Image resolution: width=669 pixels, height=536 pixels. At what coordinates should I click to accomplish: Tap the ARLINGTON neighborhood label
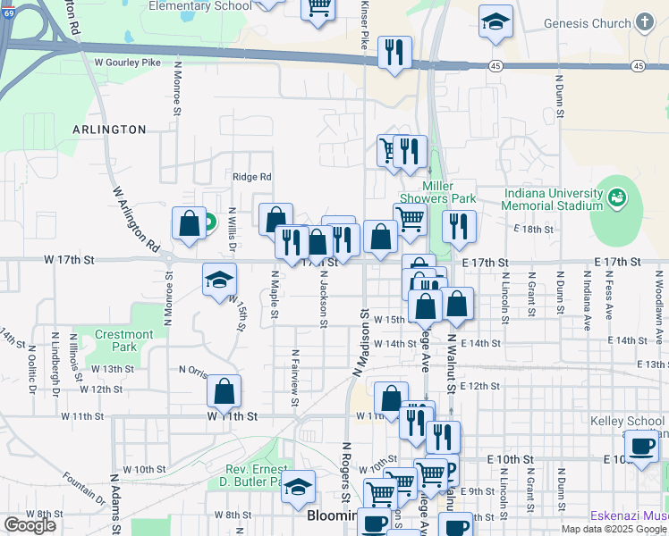point(109,130)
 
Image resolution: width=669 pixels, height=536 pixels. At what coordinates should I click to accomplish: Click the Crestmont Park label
point(124,340)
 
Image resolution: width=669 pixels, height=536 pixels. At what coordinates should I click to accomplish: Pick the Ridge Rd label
point(251,177)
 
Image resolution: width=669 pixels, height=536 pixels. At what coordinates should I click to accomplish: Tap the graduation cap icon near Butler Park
point(300,485)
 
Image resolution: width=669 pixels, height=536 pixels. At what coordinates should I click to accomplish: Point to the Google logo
point(30,525)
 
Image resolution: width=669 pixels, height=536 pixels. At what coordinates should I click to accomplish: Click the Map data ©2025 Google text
point(613,529)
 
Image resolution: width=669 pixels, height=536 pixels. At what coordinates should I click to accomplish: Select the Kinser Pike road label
point(364,27)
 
